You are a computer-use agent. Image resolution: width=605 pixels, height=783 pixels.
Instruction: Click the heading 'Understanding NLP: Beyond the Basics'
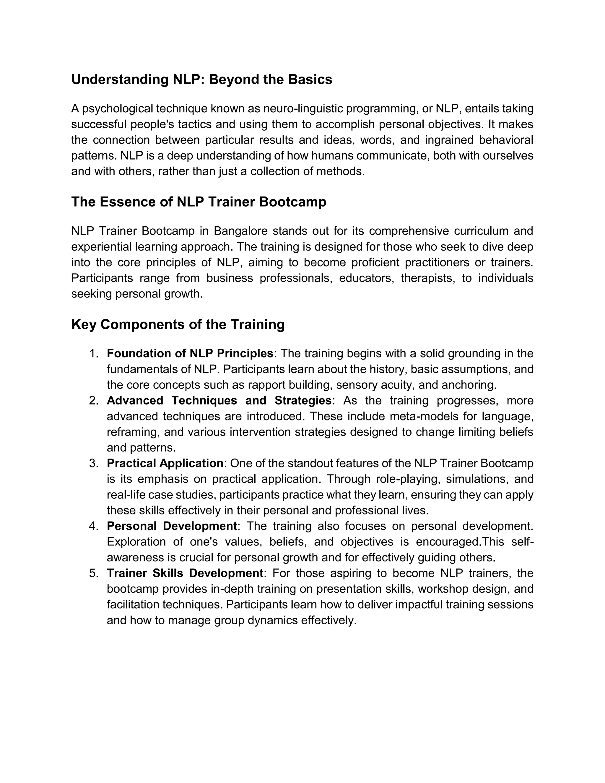pos(201,79)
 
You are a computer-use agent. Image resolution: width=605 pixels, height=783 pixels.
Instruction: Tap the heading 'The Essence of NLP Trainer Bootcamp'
pos(199,202)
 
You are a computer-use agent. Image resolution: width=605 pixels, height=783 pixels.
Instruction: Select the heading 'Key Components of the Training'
pos(178,324)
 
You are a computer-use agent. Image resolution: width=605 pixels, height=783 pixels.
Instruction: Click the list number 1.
pos(94,353)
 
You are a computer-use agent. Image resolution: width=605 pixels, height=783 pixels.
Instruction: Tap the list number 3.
pos(94,463)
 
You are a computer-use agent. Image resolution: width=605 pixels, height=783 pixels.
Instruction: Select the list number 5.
pos(94,573)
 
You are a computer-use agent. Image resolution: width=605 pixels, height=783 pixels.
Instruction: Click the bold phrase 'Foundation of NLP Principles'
pos(190,353)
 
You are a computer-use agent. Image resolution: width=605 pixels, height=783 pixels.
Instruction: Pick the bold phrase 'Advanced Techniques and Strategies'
pos(219,400)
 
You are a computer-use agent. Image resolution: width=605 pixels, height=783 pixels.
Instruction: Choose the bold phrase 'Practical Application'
pos(165,463)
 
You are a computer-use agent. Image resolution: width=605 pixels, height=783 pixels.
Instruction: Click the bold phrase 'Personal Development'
pos(172,526)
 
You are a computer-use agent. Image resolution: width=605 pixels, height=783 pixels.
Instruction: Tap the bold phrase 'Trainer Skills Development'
pos(185,573)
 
